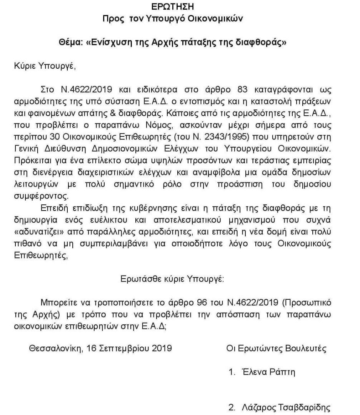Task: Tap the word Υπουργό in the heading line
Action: [x=163, y=18]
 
